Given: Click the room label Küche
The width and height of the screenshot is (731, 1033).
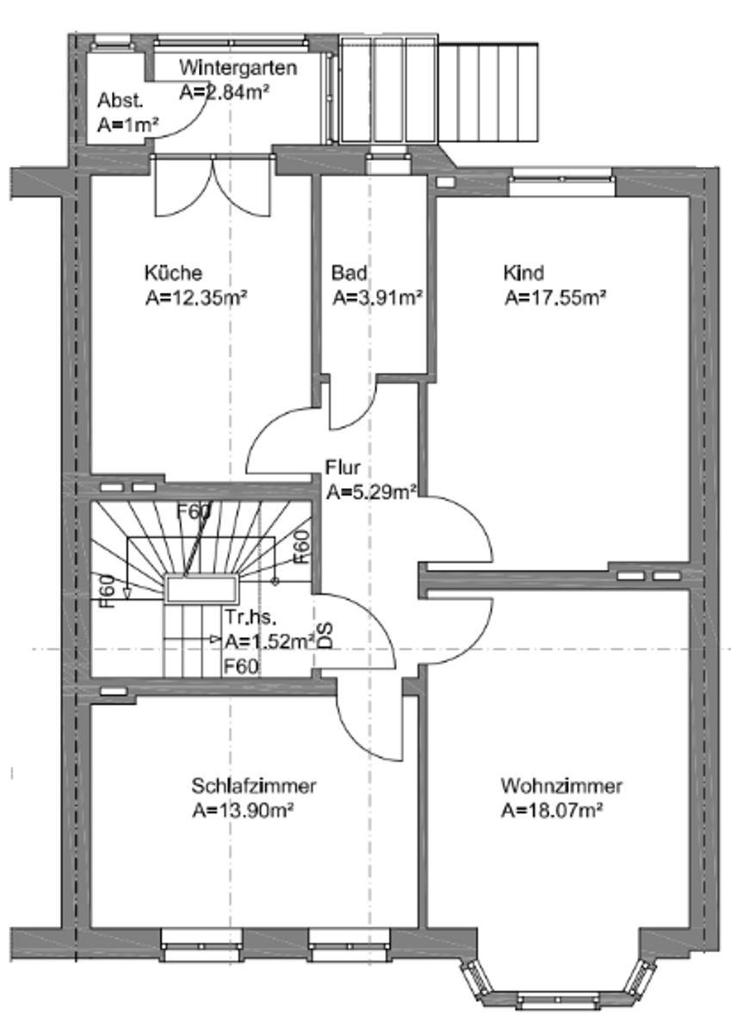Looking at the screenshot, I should tap(173, 274).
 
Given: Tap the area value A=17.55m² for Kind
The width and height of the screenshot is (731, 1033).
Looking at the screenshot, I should tap(555, 299).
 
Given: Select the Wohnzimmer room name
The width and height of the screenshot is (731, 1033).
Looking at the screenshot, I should tap(561, 786).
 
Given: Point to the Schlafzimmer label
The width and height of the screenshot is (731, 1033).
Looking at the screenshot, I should tap(254, 786).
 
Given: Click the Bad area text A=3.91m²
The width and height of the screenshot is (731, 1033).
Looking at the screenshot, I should tap(377, 299).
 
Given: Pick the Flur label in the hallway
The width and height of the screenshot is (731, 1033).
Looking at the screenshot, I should tap(342, 468).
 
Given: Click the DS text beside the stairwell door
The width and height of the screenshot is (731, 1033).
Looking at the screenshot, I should tap(325, 635).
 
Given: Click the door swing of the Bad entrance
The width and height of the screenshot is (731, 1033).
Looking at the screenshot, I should tap(353, 405).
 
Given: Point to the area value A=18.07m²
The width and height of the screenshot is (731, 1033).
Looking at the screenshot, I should tap(551, 811).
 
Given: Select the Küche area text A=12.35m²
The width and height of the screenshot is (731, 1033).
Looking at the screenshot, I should tap(197, 299).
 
